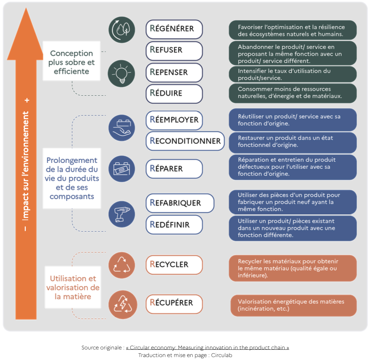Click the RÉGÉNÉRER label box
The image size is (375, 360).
(174, 29)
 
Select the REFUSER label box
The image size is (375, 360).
(174, 51)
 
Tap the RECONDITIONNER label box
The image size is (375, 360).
(185, 141)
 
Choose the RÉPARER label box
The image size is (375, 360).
(174, 169)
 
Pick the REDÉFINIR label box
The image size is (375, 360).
(174, 225)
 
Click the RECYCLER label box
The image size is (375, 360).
(174, 265)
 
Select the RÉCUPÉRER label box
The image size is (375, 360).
(174, 304)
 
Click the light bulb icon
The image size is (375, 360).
(121, 73)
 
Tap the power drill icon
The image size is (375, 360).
(121, 214)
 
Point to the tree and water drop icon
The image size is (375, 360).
(122, 30)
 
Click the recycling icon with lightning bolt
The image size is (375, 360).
(123, 305)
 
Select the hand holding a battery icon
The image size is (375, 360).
(121, 128)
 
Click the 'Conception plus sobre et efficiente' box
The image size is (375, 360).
(72, 61)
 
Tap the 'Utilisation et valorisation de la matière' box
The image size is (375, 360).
(73, 287)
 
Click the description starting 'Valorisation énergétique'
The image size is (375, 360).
(294, 306)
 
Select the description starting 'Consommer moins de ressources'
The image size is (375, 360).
(293, 93)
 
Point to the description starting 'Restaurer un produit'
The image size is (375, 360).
(293, 143)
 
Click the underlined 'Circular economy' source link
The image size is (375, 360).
(208, 348)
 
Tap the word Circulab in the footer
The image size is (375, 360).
(221, 355)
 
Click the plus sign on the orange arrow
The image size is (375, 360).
(27, 100)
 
